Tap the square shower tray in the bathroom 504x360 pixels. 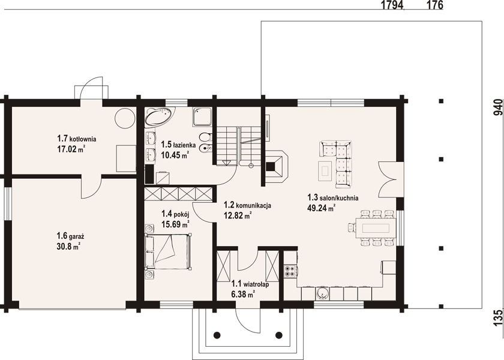(x=202, y=117)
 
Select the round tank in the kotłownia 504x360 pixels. (x=125, y=118)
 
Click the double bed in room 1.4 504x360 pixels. (x=168, y=251)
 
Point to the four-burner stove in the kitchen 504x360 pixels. (x=290, y=271)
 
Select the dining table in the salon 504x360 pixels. (x=376, y=228)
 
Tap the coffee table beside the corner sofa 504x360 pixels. (x=325, y=170)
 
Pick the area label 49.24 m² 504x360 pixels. (x=322, y=208)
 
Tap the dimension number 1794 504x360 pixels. (x=392, y=5)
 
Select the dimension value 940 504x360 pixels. (x=497, y=107)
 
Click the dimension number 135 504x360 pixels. (x=497, y=318)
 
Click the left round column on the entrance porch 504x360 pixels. (x=217, y=335)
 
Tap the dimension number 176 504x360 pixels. (x=435, y=5)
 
